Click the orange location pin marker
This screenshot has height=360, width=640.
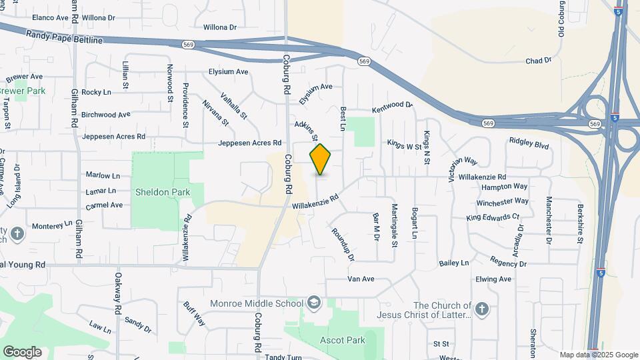coord(321,159)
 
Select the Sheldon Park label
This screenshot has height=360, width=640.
coord(163,192)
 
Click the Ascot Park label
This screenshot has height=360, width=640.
coord(343,340)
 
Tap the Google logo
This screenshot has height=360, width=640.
coord(22,351)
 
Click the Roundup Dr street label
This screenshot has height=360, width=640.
coord(341,244)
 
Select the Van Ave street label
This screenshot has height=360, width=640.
coord(361,279)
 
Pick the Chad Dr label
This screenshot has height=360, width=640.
coord(539,61)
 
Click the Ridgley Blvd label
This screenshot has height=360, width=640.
coord(529,143)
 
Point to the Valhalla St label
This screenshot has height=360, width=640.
coord(234,104)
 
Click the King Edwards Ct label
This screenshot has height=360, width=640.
coord(493,217)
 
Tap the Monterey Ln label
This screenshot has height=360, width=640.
coord(51,226)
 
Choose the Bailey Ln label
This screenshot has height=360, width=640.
coord(454,263)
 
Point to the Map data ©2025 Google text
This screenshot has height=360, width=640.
coord(598,355)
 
